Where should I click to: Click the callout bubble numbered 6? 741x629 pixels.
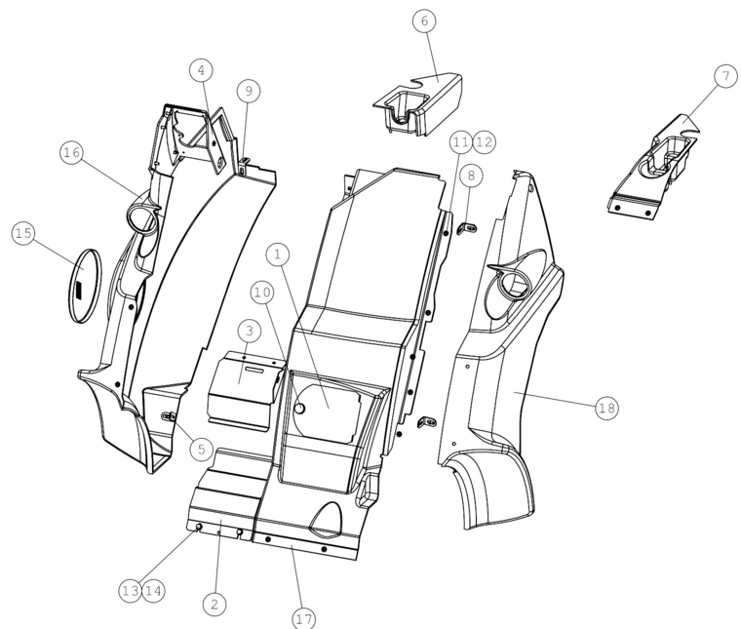[424, 20]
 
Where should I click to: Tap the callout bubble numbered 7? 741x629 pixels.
[725, 76]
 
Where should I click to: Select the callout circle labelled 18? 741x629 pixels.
[606, 408]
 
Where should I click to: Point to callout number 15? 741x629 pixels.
[23, 233]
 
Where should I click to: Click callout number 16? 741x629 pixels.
[72, 153]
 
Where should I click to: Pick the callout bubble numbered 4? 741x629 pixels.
[201, 70]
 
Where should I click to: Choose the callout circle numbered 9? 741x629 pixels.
[249, 91]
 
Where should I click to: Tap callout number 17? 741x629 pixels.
[304, 618]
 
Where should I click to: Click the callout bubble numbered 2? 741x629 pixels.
[214, 604]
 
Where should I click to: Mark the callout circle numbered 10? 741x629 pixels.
[262, 293]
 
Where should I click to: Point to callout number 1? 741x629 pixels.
[278, 255]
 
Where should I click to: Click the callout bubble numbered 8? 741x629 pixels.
[471, 176]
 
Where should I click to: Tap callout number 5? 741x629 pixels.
[201, 449]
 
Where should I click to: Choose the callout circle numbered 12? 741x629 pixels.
[484, 141]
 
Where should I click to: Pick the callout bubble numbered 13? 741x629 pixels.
[130, 591]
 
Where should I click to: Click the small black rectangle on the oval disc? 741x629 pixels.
[78, 291]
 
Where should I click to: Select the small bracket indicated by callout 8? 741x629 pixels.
[466, 229]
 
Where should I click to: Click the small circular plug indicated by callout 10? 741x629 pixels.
[299, 408]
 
